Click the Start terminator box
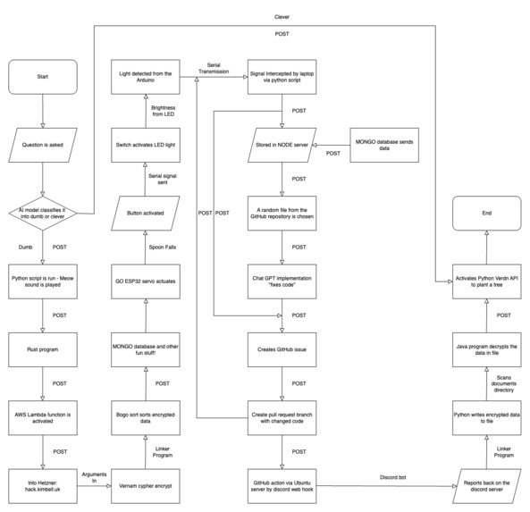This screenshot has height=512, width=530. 42,76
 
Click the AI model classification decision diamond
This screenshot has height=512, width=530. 42,213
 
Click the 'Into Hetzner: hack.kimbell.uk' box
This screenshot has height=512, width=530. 42,483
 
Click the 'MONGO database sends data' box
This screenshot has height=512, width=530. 387,145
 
